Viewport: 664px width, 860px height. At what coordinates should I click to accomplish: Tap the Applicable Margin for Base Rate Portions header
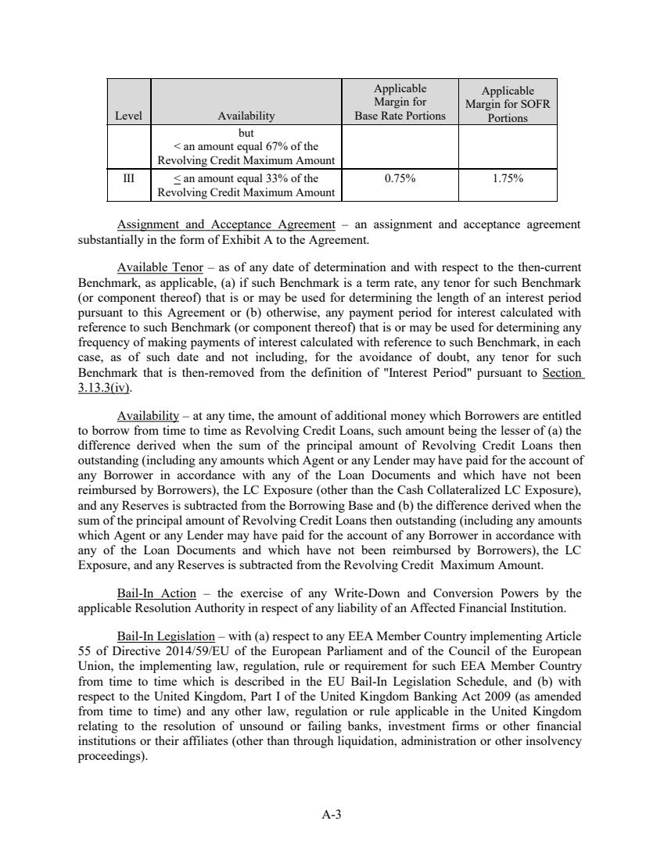point(400,102)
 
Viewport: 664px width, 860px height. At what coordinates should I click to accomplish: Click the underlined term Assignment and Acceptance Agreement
point(225,225)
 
